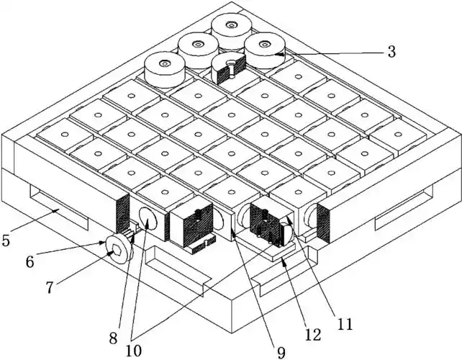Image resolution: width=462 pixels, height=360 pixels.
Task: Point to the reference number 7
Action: tap(49, 288)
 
